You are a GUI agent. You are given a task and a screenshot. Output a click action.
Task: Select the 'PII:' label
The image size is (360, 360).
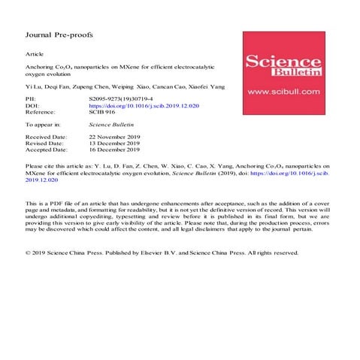(31, 98)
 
